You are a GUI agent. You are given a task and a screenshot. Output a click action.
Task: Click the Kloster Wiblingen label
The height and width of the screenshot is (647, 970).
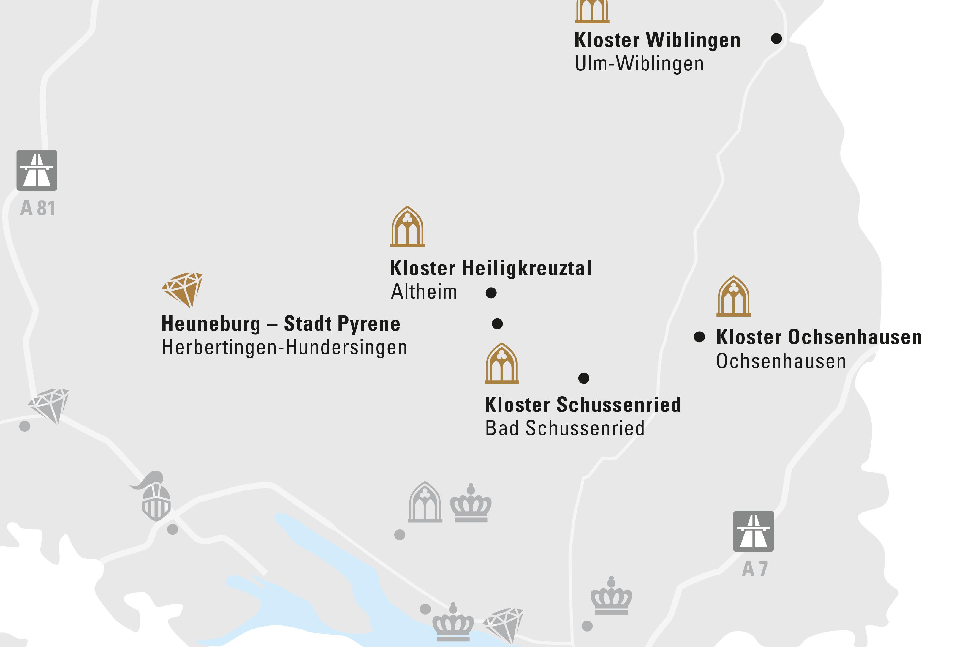[657, 40]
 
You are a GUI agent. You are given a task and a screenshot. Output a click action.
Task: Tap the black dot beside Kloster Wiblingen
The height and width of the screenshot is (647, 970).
[776, 38]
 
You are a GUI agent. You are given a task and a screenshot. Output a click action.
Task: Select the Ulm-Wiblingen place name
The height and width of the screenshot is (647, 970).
[639, 64]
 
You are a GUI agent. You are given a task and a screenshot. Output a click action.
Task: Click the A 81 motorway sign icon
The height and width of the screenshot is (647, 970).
[37, 170]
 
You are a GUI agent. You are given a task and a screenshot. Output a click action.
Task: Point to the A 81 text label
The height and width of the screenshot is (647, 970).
[37, 208]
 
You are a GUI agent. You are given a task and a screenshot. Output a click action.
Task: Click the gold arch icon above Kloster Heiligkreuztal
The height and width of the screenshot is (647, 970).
[407, 227]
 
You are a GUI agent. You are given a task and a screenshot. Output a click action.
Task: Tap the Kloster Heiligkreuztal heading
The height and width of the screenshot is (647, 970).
[490, 268]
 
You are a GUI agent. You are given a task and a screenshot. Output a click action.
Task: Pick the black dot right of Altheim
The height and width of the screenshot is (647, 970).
[491, 293]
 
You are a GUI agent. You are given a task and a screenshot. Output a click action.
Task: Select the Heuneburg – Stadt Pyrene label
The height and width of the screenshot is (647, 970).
[281, 323]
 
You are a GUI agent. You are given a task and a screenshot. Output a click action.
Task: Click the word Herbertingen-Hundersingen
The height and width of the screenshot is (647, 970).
[284, 348]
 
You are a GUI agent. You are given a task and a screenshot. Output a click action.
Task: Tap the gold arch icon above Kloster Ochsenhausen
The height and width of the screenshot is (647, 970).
[733, 296]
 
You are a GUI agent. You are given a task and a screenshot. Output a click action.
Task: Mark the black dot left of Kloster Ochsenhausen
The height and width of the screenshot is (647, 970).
[699, 337]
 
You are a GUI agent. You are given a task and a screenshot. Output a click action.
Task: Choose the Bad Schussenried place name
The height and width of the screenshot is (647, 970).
[565, 428]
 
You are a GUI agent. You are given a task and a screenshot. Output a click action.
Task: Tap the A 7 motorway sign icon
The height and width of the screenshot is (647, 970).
[753, 531]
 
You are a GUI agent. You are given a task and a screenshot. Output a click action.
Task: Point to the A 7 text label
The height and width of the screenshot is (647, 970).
[754, 569]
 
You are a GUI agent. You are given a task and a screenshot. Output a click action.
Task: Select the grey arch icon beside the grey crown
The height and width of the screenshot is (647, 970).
[425, 502]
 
